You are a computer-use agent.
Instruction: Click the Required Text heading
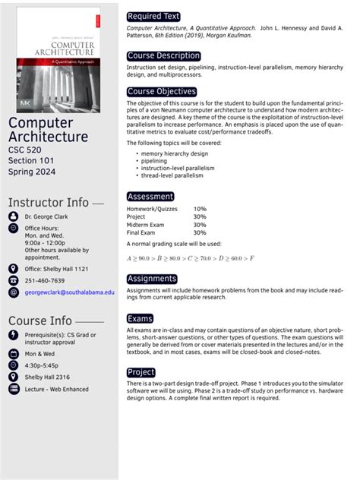point(153,16)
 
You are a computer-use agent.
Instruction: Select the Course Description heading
point(163,55)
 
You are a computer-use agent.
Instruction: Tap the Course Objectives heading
point(162,92)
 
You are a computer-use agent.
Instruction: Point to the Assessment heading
point(150,197)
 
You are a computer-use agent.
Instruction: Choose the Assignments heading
point(152,279)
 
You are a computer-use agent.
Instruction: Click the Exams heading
point(141,319)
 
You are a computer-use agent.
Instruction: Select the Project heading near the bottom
point(141,373)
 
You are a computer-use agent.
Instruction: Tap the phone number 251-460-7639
point(45,280)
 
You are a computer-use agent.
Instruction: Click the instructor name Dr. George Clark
point(46,216)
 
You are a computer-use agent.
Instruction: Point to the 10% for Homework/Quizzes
point(200,208)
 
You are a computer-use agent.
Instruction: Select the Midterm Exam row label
point(147,225)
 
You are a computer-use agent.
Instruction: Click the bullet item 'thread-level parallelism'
point(172,175)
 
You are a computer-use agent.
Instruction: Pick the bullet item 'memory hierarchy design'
point(174,153)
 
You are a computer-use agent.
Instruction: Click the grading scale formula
point(190,259)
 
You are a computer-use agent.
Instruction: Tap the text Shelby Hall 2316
point(47,377)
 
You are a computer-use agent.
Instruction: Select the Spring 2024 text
point(35,174)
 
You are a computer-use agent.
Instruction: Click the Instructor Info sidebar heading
point(49,202)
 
